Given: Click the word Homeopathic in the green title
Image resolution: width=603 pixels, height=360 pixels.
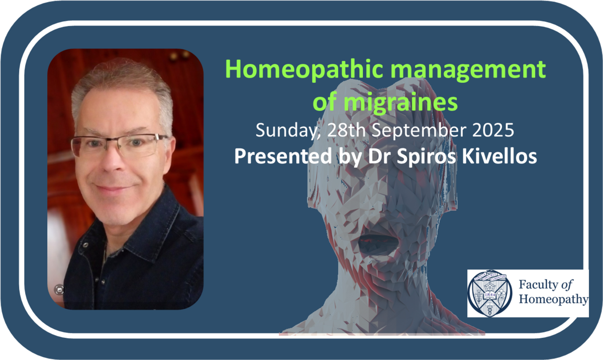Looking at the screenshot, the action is (x=304, y=70).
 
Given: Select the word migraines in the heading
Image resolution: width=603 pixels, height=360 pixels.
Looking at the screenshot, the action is (x=401, y=103).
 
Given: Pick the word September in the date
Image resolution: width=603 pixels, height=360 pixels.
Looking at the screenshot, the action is (x=419, y=131).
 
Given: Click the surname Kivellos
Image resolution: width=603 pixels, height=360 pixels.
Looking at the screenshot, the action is (x=499, y=156).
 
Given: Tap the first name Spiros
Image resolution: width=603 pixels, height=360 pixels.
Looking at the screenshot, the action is (x=427, y=157).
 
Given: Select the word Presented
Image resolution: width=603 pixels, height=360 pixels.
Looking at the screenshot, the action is (x=283, y=156).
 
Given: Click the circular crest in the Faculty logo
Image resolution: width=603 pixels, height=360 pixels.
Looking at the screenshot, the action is (x=489, y=294).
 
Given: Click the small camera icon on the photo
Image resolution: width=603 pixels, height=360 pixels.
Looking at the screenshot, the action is (x=59, y=290).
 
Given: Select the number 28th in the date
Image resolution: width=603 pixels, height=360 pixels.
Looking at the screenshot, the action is (x=346, y=130).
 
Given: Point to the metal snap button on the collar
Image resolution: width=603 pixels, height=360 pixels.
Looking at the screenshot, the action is (x=85, y=244).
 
